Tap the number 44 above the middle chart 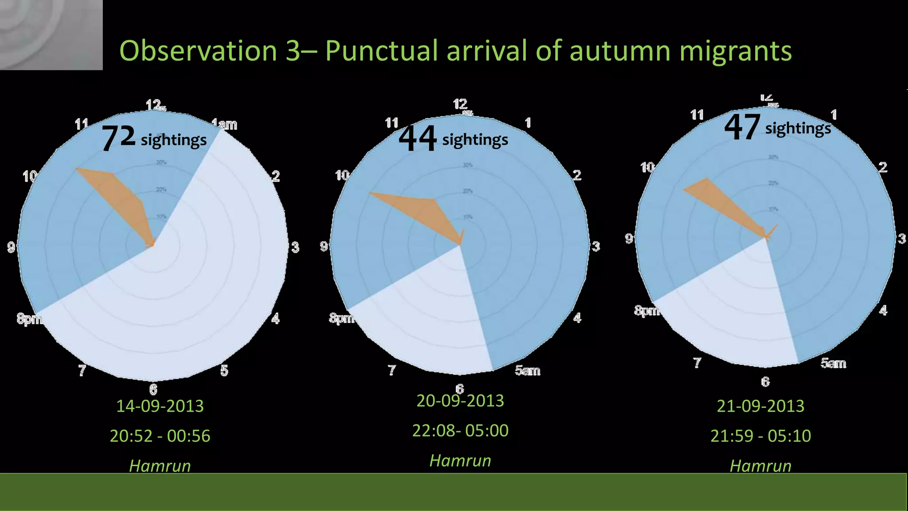pos(417,138)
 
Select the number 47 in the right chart pos(742,127)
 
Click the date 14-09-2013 pos(160,406)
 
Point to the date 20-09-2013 pos(460,401)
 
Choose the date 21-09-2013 pos(760,406)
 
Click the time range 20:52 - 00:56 pos(160,436)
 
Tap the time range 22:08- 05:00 pos(460,430)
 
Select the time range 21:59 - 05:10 pos(760,436)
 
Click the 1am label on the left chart pos(225,124)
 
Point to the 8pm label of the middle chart pos(340,318)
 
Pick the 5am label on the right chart pos(833,363)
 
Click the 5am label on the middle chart pos(527,370)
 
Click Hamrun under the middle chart pos(460,460)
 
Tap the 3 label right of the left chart pos(295,247)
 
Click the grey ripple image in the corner pos(51,35)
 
